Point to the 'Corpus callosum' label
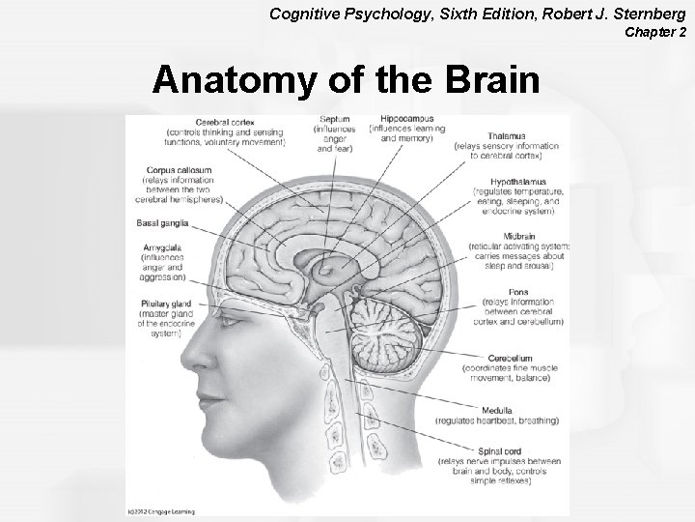pyautogui.click(x=175, y=170)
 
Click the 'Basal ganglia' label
pyautogui.click(x=160, y=223)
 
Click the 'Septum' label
pyautogui.click(x=334, y=120)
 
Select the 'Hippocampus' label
pyautogui.click(x=412, y=119)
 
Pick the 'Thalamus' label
pyautogui.click(x=507, y=136)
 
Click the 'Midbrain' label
pyautogui.click(x=519, y=236)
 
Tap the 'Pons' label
pyautogui.click(x=518, y=292)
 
